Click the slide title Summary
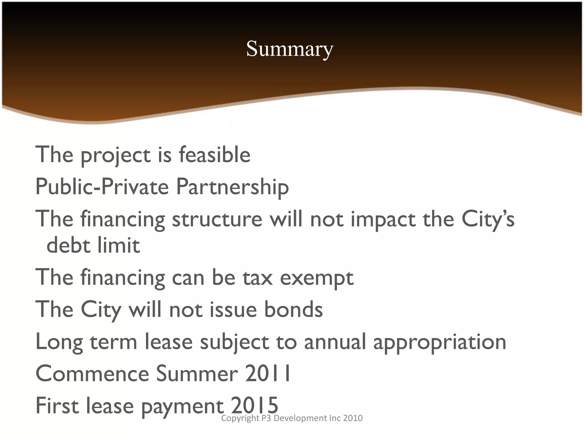pos(289,49)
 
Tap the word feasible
pos(214,155)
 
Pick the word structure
pos(217,219)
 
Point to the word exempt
pos(317,278)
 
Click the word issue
pos(234,310)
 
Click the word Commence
pos(92,374)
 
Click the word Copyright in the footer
pos(240,418)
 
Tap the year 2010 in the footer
pos(353,418)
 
